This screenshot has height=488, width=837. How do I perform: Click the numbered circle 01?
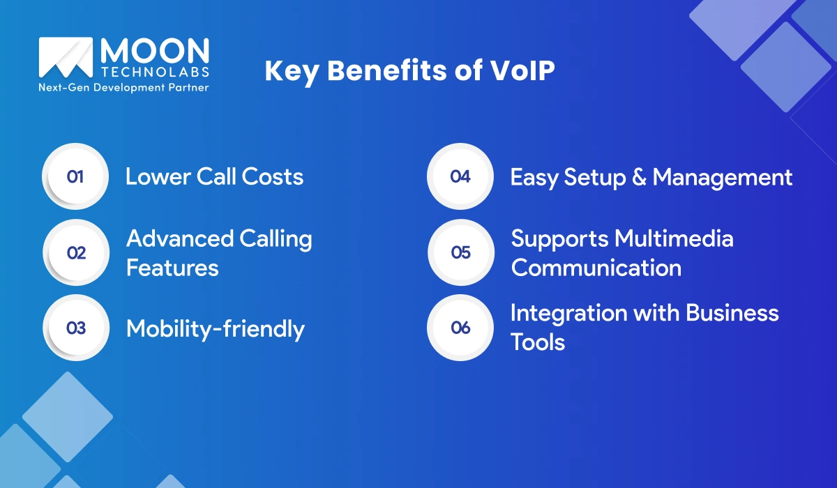75,176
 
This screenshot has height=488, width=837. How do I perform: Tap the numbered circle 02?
76,252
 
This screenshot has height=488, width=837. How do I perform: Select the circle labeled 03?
76,328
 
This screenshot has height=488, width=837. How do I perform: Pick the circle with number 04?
460,176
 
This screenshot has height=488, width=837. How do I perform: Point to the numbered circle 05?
460,252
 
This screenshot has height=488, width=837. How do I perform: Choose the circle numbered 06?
460,328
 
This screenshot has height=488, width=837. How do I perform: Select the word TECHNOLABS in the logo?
154,73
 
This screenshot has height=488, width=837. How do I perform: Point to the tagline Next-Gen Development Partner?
123,88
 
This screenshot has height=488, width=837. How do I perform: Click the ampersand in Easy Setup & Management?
636,177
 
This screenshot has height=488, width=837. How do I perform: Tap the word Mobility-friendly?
215,328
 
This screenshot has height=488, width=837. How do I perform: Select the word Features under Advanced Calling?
172,268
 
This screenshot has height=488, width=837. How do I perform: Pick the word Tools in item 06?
537,342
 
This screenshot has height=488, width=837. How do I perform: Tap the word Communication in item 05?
596,268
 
